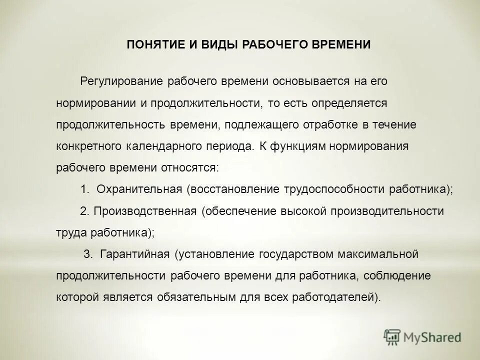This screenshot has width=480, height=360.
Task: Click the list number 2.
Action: [x=84, y=211]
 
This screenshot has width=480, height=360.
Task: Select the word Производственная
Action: [x=145, y=211]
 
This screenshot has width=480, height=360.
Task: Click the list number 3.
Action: [x=87, y=254]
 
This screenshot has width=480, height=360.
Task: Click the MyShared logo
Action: [x=423, y=337]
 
